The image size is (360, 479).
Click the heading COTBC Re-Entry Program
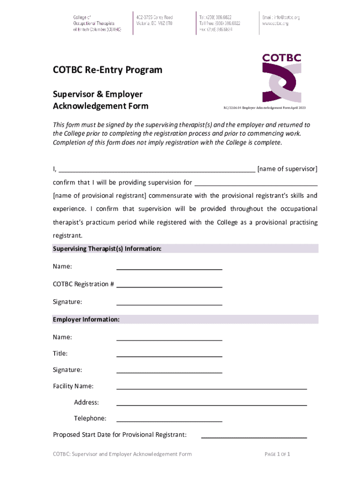pyautogui.click(x=108, y=70)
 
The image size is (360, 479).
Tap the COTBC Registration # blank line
pyautogui.click(x=169, y=285)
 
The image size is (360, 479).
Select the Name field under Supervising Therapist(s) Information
pyautogui.click(x=169, y=268)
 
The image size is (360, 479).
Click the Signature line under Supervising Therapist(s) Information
pyautogui.click(x=169, y=303)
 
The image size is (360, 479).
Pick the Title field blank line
pyautogui.click(x=169, y=355)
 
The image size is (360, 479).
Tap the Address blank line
pyautogui.click(x=211, y=403)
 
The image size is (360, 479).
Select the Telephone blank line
pyautogui.click(x=169, y=420)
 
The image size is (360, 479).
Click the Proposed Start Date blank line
pyautogui.click(x=253, y=435)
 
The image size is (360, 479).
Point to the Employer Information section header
pyautogui.click(x=86, y=319)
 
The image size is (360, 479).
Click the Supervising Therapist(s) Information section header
pyautogui.click(x=108, y=249)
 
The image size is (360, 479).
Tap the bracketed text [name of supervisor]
pyautogui.click(x=288, y=169)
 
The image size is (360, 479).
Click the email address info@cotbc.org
pyautogui.click(x=281, y=17)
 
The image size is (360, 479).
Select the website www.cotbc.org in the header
pyautogui.click(x=275, y=23)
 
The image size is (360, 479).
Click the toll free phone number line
pyautogui.click(x=220, y=23)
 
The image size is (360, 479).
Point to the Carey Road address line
pyautogui.click(x=154, y=17)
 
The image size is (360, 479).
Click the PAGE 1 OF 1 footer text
pyautogui.click(x=278, y=454)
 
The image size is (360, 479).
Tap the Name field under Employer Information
pyautogui.click(x=169, y=338)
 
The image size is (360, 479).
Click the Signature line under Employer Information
pyautogui.click(x=169, y=371)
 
